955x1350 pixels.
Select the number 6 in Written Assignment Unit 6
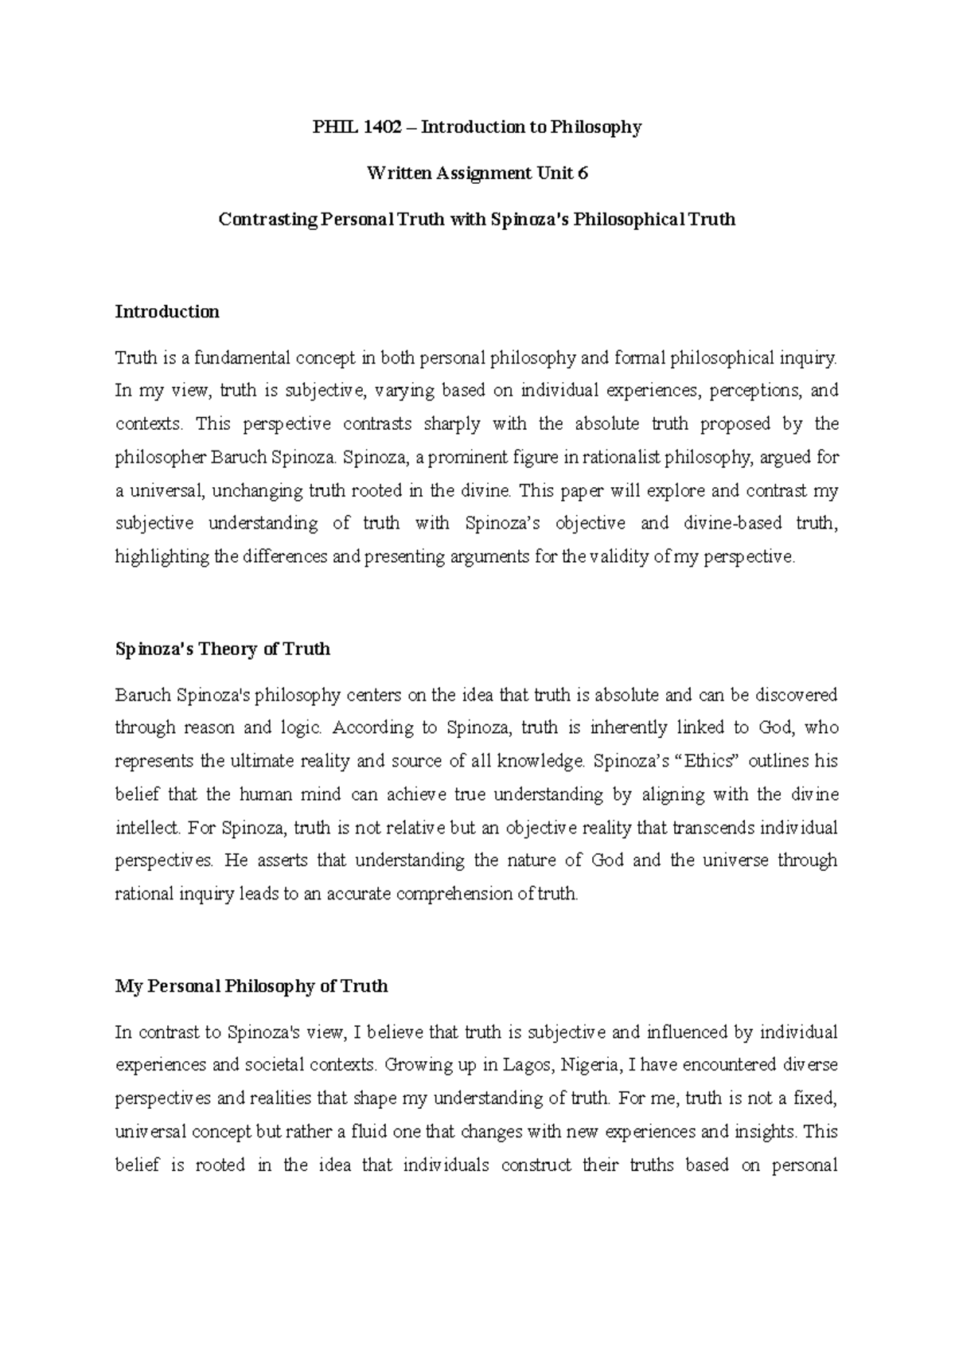[583, 174]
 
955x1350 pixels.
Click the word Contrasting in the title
[267, 220]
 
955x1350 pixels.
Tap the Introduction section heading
[167, 312]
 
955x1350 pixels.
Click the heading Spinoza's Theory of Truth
[223, 650]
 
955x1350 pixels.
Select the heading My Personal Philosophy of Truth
[251, 987]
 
